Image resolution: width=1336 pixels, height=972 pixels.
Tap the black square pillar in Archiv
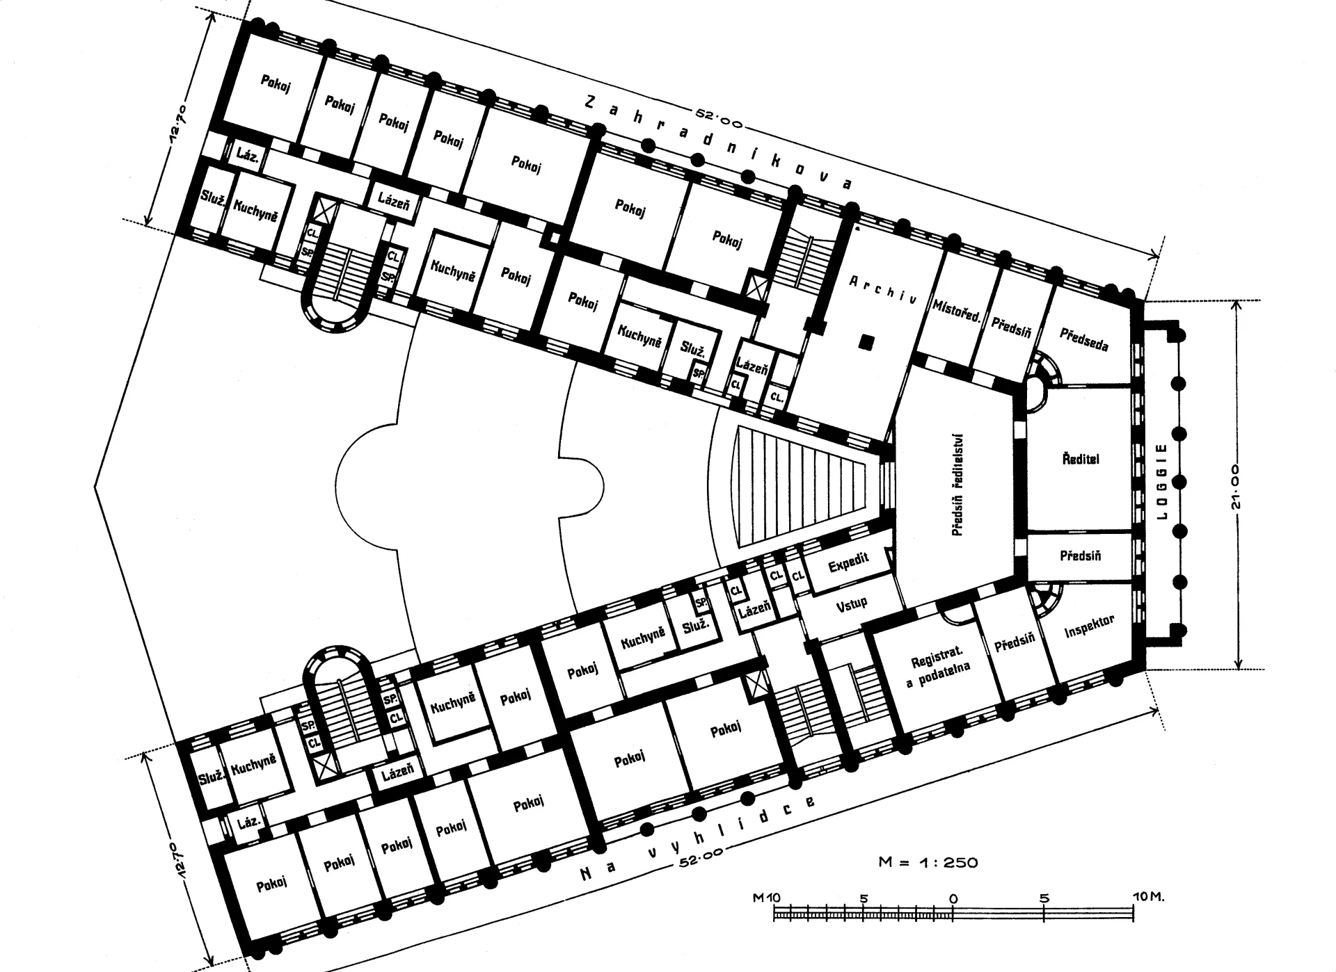[x=866, y=342]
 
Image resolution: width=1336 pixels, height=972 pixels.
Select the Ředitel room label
[x=1081, y=459]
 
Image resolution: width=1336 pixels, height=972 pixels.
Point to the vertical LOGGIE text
[x=1160, y=482]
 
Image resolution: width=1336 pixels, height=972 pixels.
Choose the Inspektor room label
[x=1090, y=626]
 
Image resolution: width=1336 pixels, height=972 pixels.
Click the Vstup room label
[x=852, y=603]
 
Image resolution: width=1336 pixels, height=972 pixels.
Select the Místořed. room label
[x=957, y=311]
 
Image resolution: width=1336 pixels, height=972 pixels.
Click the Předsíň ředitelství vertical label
[x=957, y=485]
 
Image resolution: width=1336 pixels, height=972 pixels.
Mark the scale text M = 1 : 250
[x=928, y=863]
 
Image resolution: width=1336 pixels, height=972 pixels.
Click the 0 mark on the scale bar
[x=953, y=898]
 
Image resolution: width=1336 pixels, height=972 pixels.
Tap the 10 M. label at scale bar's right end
[x=1149, y=898]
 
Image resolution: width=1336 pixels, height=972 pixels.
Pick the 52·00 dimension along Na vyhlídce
[x=702, y=857]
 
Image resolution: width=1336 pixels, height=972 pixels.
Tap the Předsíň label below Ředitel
[x=1081, y=556]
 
